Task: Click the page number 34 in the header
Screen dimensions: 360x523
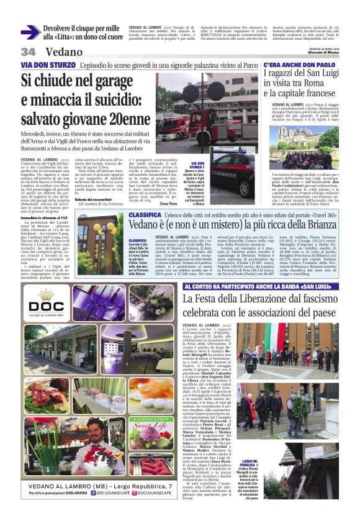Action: click(x=29, y=51)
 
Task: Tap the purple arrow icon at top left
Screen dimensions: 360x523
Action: click(x=30, y=32)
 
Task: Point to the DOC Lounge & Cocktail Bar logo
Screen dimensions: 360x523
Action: click(x=46, y=305)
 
